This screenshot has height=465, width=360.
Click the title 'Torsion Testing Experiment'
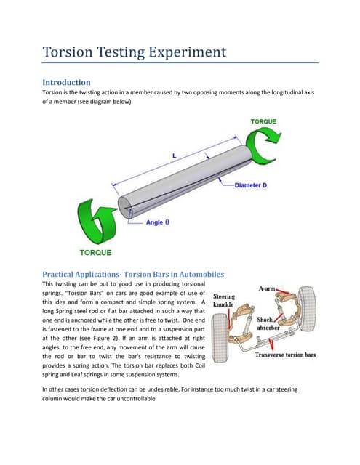[x=135, y=52]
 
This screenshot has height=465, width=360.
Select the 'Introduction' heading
[x=66, y=82]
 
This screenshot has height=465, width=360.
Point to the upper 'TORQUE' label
[x=263, y=121]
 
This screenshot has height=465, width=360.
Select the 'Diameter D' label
[x=251, y=185]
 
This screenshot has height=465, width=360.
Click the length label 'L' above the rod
[x=174, y=155]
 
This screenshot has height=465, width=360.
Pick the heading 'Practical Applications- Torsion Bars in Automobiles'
[x=133, y=274]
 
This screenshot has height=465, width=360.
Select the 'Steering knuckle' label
[x=224, y=302]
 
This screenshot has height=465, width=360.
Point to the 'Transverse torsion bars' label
[x=285, y=355]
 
